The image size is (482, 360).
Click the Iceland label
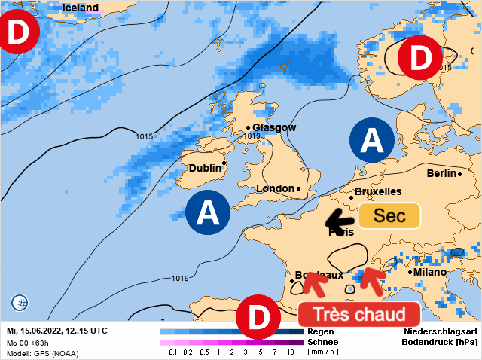80,8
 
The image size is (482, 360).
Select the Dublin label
205,168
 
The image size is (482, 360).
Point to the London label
275,188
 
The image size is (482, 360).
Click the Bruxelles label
377,192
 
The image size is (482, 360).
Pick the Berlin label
441,173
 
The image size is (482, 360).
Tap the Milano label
429,272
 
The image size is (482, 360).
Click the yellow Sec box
389,216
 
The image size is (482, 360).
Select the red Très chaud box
358,313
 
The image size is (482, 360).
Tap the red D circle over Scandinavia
420,58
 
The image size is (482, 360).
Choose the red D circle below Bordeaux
258,319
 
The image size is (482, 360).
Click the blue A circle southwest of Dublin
207,212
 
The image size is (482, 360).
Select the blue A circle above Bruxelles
371,139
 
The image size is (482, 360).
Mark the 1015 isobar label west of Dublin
145,136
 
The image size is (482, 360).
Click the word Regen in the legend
321,331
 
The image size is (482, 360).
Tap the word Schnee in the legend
323,341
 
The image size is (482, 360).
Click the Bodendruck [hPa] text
441,342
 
